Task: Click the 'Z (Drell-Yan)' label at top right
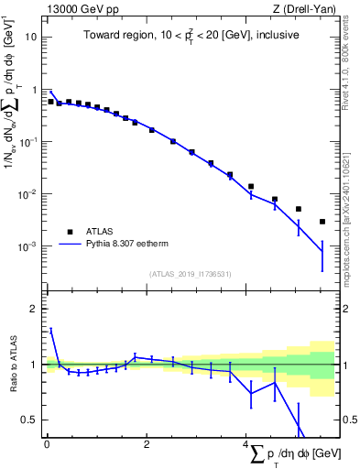click(x=304, y=9)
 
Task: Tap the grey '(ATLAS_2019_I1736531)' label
click(x=191, y=274)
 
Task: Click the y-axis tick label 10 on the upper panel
click(x=32, y=38)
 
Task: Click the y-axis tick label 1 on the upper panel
click(x=35, y=90)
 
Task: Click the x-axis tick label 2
click(x=147, y=444)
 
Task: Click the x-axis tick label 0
click(x=47, y=444)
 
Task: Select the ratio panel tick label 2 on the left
click(x=35, y=309)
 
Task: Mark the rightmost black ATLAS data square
click(x=322, y=222)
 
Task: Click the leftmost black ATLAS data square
click(x=50, y=102)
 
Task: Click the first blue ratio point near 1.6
click(x=50, y=329)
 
